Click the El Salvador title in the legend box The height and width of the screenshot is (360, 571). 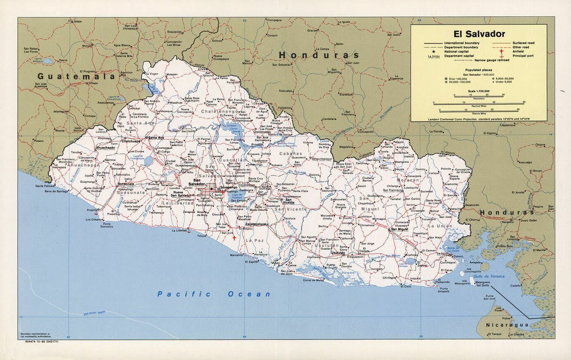[479, 34]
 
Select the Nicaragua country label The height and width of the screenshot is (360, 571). [505, 324]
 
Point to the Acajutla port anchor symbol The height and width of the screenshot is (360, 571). [96, 212]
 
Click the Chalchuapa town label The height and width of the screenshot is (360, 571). [132, 142]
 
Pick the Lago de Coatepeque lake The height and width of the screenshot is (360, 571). [148, 161]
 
